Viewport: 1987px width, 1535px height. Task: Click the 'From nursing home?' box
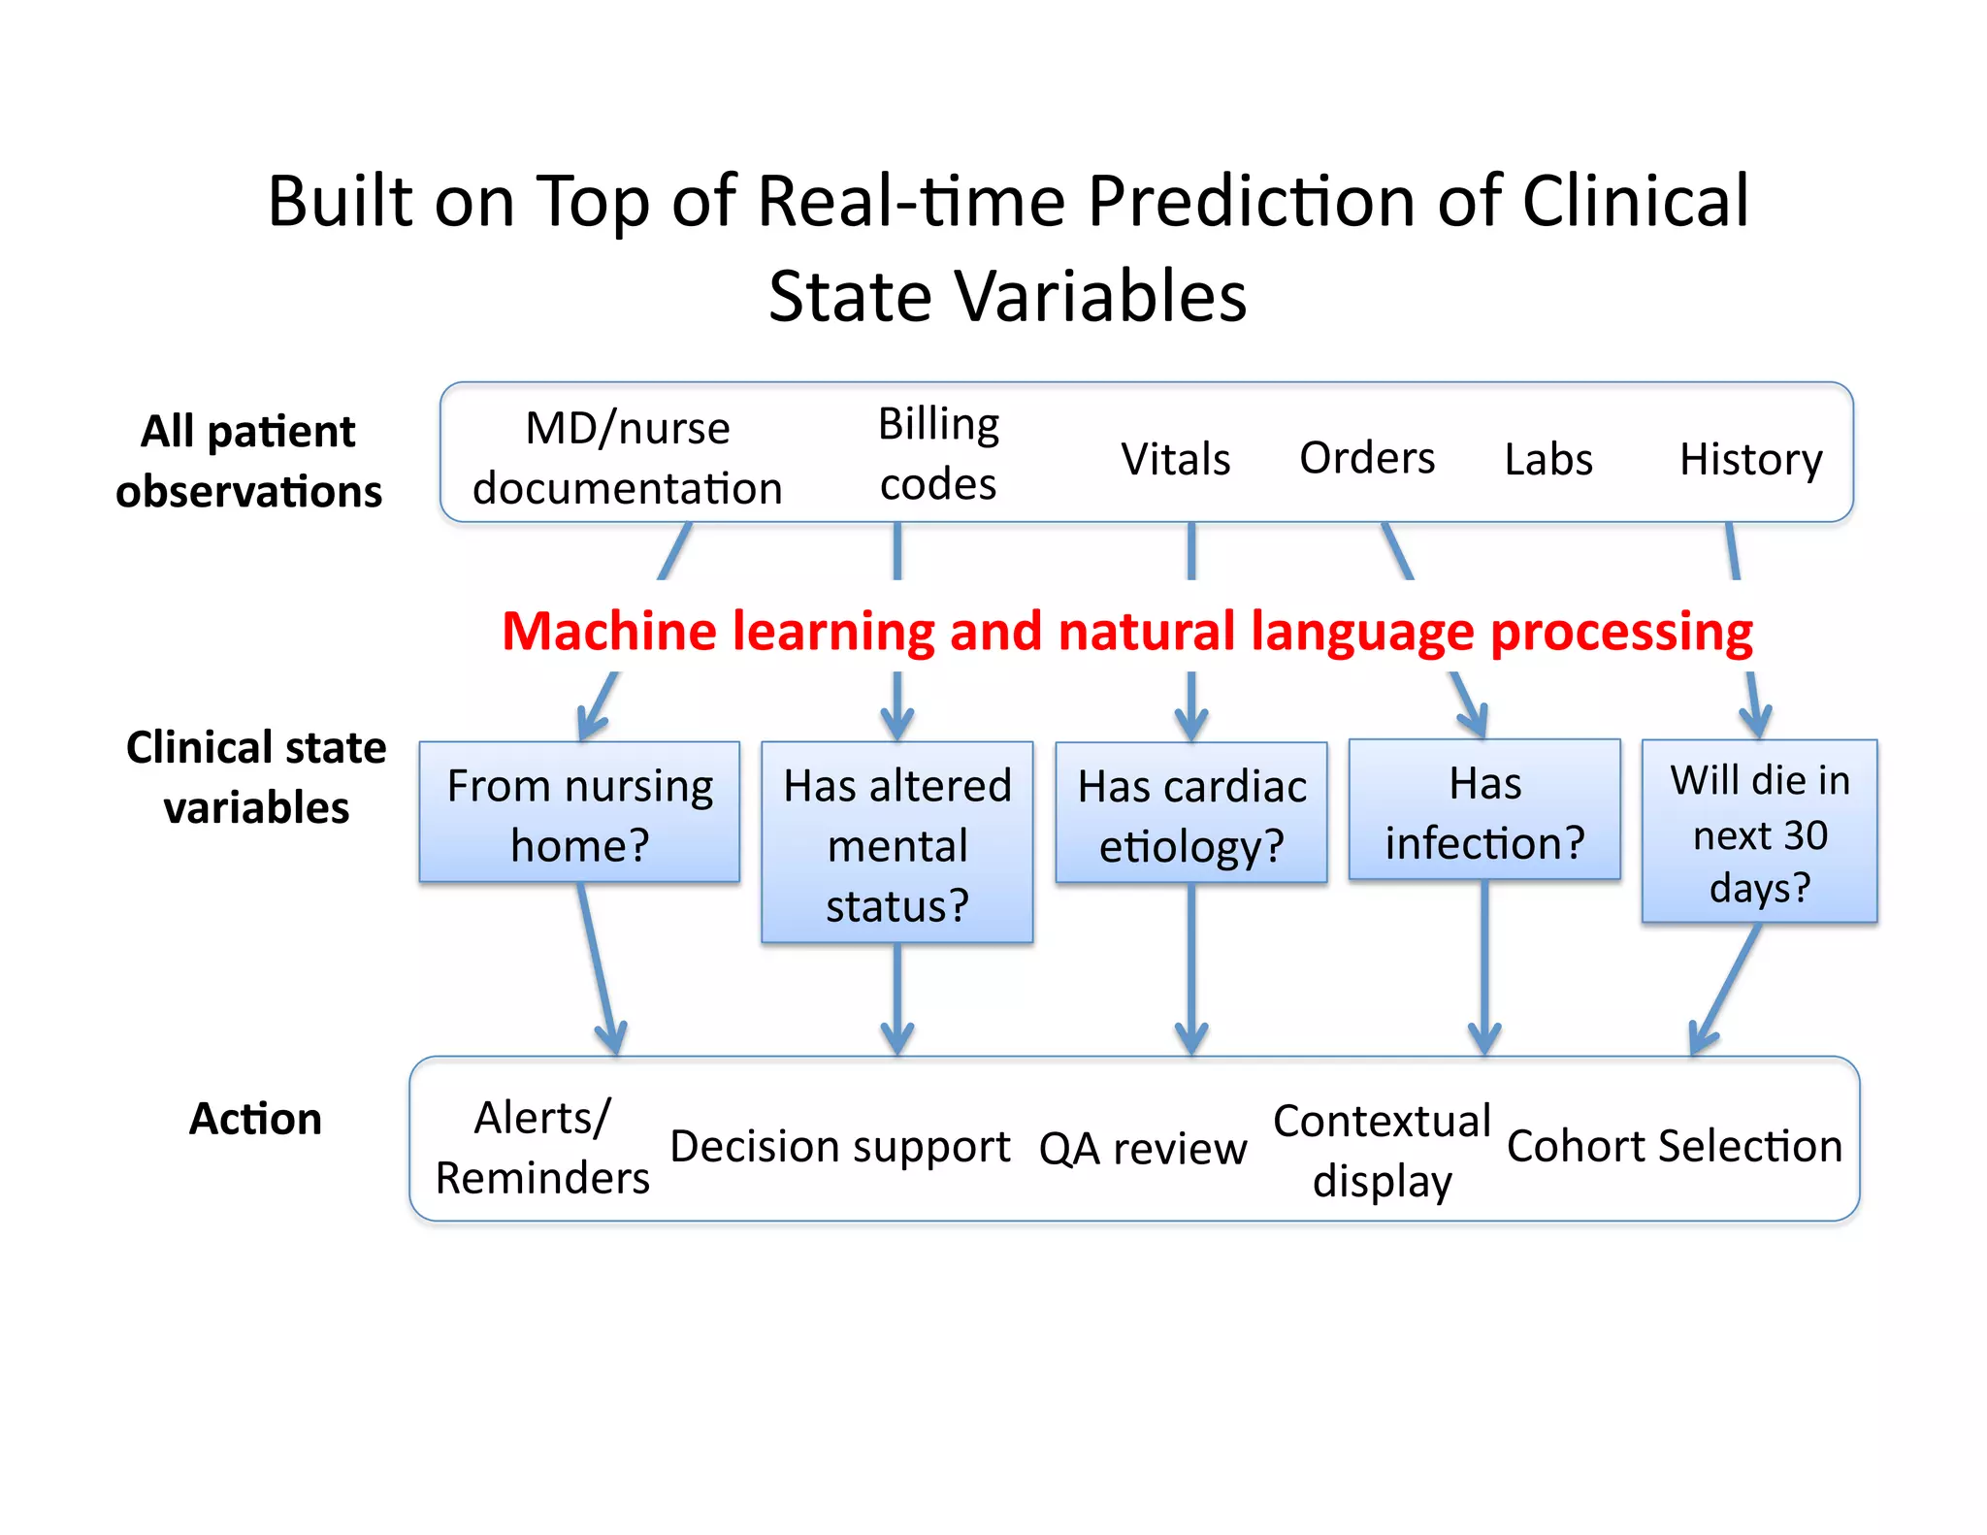(579, 813)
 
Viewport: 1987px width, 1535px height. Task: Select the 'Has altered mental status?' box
(896, 842)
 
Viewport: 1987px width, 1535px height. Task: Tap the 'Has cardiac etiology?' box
(1190, 813)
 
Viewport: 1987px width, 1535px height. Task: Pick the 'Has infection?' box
(1483, 811)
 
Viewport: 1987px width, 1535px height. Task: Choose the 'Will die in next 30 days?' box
(1759, 832)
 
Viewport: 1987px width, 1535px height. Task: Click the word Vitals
(1175, 459)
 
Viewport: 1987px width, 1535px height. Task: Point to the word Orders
(1366, 458)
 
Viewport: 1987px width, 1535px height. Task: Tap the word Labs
(1547, 459)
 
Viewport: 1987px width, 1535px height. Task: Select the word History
(1750, 459)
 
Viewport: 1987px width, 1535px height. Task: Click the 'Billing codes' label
(938, 454)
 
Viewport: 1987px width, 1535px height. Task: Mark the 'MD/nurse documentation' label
(627, 458)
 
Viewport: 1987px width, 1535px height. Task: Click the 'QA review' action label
(1142, 1149)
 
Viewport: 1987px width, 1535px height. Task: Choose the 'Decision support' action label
(839, 1147)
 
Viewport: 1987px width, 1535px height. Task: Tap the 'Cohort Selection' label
(1674, 1147)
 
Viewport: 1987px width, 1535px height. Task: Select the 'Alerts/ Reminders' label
(541, 1148)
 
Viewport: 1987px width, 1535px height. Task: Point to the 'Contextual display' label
(1382, 1150)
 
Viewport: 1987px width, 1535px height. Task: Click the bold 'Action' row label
(254, 1119)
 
